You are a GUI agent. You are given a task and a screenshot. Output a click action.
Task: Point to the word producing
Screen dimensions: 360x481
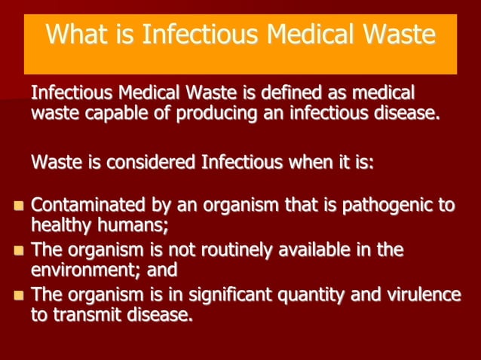coord(197,114)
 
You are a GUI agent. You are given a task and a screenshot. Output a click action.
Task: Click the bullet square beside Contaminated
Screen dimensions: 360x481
coord(20,205)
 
